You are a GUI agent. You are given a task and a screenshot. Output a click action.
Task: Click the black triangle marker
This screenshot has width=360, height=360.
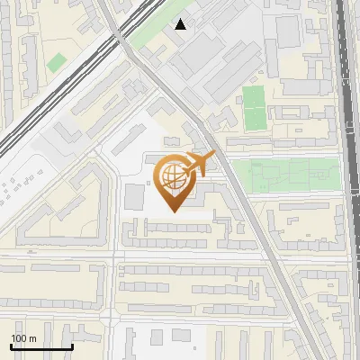[x=181, y=24]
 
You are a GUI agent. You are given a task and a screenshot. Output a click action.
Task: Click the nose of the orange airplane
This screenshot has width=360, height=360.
[x=214, y=156]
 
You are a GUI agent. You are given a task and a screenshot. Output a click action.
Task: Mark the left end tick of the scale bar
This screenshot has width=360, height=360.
[x=11, y=346]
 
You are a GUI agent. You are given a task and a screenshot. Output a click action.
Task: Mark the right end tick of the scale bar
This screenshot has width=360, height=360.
[x=72, y=346]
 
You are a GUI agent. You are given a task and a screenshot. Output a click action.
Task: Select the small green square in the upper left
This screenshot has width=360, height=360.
[x=58, y=63]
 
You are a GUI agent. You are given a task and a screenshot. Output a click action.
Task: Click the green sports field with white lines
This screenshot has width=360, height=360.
[x=255, y=106]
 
